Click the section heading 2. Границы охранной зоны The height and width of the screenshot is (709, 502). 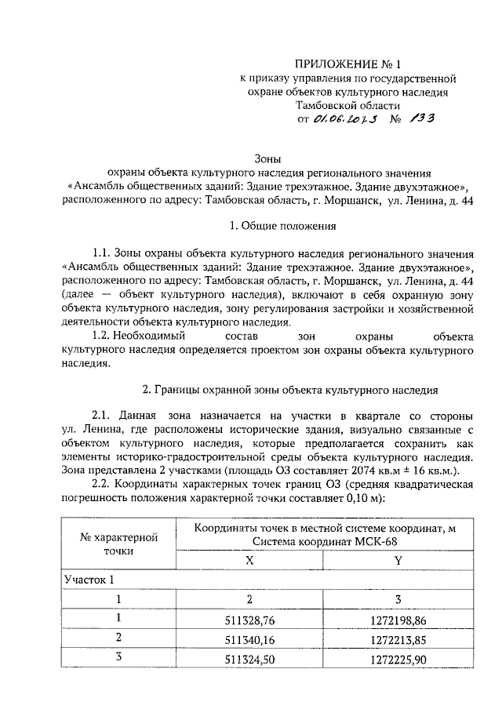pos(289,389)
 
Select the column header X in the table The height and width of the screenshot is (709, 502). pos(249,561)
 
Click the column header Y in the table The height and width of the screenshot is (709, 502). pos(398,561)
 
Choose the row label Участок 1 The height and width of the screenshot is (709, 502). pos(89,580)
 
